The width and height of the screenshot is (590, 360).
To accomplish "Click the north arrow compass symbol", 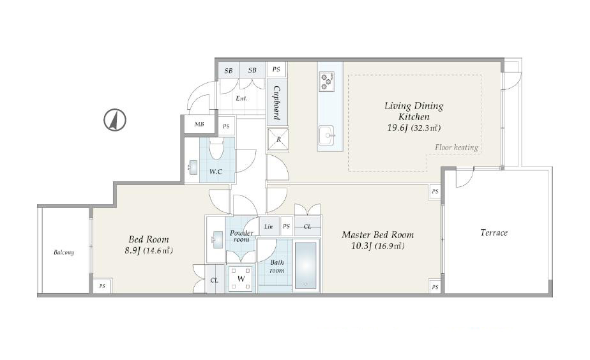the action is pyautogui.click(x=115, y=120).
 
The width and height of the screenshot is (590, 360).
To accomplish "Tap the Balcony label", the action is pyautogui.click(x=64, y=252).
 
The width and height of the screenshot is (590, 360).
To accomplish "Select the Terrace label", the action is pyautogui.click(x=494, y=232).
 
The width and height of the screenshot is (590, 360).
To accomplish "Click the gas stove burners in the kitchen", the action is pyautogui.click(x=326, y=82).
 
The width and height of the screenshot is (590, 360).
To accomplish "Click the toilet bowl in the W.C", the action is pyautogui.click(x=216, y=150).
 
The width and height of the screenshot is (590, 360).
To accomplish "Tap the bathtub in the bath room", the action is pyautogui.click(x=305, y=265).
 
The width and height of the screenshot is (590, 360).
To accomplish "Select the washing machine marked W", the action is pyautogui.click(x=241, y=279).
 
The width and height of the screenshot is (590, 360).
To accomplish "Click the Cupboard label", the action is pyautogui.click(x=276, y=103).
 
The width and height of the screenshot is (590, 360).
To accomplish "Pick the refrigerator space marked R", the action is pyautogui.click(x=278, y=139).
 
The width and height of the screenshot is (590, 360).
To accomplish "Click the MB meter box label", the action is pyautogui.click(x=199, y=124).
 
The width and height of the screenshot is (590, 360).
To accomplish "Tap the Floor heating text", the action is pyautogui.click(x=457, y=147).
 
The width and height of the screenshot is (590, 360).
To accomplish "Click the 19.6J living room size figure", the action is pyautogui.click(x=398, y=128).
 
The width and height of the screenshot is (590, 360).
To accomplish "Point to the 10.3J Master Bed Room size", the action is pyautogui.click(x=361, y=246).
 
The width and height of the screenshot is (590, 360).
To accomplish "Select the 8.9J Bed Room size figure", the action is pyautogui.click(x=132, y=251).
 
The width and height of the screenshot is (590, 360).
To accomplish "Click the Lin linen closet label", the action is pyautogui.click(x=268, y=227).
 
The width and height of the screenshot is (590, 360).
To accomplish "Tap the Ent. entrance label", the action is pyautogui.click(x=241, y=98).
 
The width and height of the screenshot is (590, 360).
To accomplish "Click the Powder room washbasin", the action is pyautogui.click(x=217, y=240).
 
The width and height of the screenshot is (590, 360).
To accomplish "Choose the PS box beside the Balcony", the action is pyautogui.click(x=102, y=286).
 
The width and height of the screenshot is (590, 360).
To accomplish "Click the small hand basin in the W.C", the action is pyautogui.click(x=193, y=167).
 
